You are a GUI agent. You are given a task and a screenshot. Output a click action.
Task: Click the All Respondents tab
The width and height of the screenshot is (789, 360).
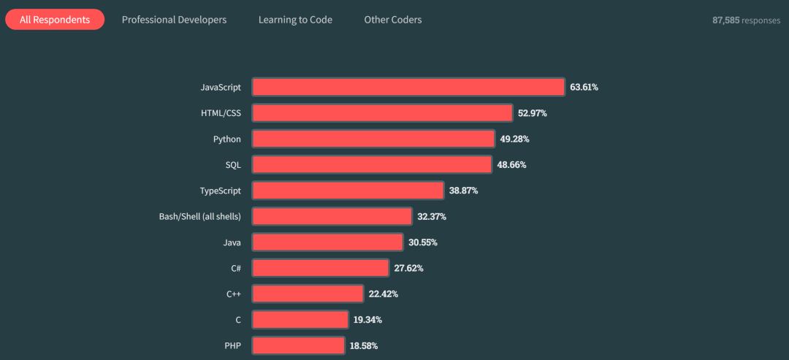click(55, 20)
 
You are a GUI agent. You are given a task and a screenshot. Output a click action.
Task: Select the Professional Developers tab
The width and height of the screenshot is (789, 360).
click(174, 20)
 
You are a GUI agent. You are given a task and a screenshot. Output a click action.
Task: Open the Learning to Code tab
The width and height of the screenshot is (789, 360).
click(295, 20)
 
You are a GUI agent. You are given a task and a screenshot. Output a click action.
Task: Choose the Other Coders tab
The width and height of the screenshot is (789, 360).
click(393, 20)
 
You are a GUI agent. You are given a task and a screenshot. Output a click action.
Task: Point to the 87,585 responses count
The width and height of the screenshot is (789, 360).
click(746, 20)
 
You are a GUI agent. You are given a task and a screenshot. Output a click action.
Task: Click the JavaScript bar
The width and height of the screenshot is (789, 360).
click(408, 87)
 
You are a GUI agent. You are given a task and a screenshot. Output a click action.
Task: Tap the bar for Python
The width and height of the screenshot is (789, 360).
click(373, 139)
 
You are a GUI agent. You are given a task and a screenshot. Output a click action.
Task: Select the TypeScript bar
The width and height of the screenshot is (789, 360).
click(348, 191)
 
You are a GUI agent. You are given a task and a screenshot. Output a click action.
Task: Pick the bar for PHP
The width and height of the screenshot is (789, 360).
click(298, 345)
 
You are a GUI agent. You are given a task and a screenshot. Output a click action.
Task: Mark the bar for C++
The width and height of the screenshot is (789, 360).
click(308, 294)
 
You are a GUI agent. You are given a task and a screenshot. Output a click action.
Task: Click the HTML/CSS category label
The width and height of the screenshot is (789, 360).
click(221, 113)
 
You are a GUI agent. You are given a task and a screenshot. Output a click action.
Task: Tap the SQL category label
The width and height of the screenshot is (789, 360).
click(233, 164)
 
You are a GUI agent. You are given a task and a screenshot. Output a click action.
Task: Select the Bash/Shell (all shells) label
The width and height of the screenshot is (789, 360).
click(199, 216)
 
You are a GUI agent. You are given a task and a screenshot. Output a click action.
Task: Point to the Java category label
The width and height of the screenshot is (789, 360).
click(232, 242)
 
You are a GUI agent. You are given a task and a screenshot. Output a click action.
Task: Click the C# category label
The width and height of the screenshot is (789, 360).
click(235, 268)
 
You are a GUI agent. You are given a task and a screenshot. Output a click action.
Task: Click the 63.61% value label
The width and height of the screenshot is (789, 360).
click(584, 87)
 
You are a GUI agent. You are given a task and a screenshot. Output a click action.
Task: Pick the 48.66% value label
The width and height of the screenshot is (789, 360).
click(511, 165)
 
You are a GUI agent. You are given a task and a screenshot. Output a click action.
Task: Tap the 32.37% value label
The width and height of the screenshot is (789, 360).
click(432, 217)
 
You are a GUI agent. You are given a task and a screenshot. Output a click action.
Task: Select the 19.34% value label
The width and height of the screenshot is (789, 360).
click(368, 320)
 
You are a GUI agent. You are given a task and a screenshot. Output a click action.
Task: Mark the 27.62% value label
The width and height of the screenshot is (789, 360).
click(408, 268)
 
